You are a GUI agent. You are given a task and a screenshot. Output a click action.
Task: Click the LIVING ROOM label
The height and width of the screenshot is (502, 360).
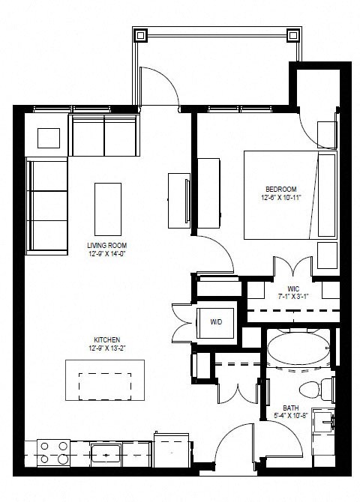point(106,245)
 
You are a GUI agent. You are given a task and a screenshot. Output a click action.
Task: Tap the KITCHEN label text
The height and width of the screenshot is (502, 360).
point(106,339)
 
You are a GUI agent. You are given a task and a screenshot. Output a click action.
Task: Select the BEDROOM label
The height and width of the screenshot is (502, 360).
point(281,188)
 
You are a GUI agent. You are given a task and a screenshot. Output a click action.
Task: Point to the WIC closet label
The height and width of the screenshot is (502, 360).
point(293,288)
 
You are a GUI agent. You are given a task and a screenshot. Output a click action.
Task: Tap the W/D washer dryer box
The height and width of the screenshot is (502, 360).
point(216,321)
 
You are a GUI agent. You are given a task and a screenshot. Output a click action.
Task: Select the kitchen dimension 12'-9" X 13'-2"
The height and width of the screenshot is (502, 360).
point(106,348)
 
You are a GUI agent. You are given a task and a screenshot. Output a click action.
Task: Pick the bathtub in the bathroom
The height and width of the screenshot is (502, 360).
point(298,350)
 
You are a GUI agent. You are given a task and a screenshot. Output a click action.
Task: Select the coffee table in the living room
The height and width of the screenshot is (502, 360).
point(107,208)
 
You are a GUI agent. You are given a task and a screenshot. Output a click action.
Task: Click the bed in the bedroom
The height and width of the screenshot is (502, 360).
point(289,194)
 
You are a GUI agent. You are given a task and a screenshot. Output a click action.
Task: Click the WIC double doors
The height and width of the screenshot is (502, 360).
point(292,267)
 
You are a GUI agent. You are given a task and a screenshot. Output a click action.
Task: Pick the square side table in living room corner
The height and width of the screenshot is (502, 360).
point(49,139)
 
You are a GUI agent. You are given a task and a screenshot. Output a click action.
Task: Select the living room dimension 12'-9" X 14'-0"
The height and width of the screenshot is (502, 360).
point(106,254)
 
